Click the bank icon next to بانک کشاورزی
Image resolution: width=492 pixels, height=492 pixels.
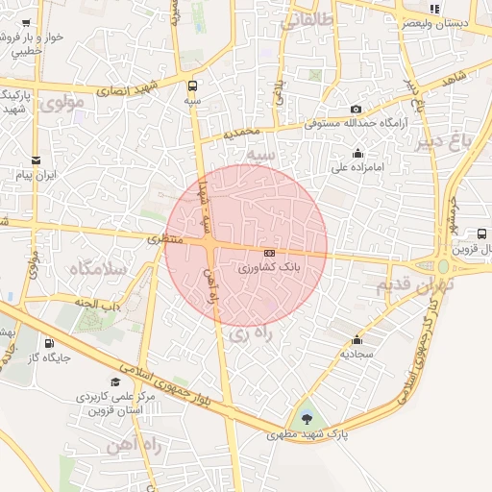pyautogui.click(x=269, y=253)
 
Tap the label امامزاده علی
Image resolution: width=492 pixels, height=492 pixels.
pyautogui.click(x=357, y=166)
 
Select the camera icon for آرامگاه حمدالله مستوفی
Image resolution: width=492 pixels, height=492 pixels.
pyautogui.click(x=357, y=110)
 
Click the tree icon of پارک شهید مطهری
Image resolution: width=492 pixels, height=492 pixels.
pyautogui.click(x=307, y=418)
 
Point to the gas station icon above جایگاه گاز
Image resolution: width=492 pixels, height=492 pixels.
pyautogui.click(x=48, y=343)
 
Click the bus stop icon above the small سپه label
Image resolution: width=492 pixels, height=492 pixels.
pyautogui.click(x=193, y=84)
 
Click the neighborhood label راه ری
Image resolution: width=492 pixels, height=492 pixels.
pyautogui.click(x=254, y=333)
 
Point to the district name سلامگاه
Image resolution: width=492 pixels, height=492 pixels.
pyautogui.click(x=97, y=269)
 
